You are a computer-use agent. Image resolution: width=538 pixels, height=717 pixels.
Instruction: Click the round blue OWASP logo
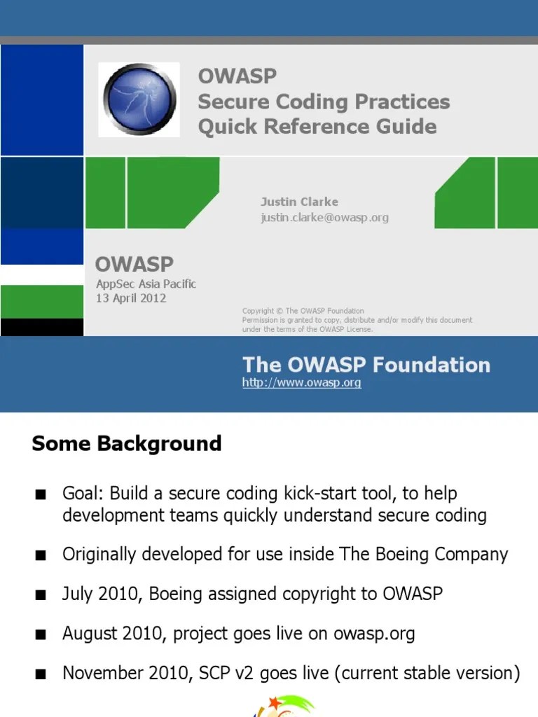(139, 99)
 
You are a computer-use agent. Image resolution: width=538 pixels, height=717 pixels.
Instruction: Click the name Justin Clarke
(299, 202)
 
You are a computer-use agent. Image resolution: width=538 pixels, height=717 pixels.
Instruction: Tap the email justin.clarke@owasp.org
(324, 218)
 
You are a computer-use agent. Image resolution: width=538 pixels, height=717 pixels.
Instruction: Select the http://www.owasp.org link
(301, 383)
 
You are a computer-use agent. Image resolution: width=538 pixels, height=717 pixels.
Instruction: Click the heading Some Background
(127, 443)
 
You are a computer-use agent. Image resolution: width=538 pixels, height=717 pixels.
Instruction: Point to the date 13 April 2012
(131, 298)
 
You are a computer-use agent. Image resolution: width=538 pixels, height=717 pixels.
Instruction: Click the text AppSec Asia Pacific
(146, 284)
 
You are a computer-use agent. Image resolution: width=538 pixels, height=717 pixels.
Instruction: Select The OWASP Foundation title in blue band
(366, 364)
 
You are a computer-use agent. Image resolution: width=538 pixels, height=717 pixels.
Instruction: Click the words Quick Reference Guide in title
(317, 127)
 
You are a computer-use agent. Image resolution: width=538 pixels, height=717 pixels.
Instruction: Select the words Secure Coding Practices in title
(324, 102)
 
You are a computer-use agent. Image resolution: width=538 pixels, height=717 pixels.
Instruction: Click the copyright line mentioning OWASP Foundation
(303, 311)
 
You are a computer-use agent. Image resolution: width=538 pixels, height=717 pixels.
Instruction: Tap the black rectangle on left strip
(41, 327)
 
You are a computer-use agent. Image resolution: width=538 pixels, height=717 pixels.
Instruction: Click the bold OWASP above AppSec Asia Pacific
(134, 265)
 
